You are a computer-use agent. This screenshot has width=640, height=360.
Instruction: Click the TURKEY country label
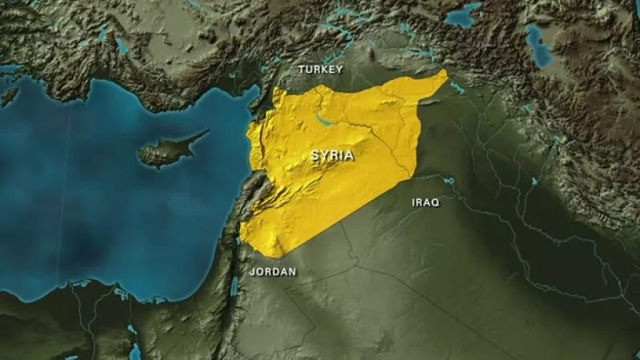(320, 70)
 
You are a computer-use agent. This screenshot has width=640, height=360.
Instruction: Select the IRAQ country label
(425, 202)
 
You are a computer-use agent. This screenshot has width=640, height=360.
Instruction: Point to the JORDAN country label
(273, 272)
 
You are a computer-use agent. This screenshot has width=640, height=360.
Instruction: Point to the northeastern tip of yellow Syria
(444, 73)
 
